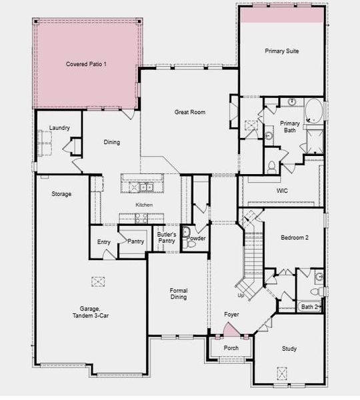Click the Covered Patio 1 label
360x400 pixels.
[87, 64]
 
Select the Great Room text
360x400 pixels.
[189, 112]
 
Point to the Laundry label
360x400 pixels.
[60, 128]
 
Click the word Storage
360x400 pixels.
[61, 194]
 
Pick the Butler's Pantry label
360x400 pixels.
[167, 237]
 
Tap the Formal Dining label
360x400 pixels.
[178, 293]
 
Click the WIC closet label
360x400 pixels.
[282, 190]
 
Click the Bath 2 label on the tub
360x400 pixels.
[309, 307]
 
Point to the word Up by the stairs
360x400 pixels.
[241, 295]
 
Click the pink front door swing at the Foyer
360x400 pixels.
[229, 329]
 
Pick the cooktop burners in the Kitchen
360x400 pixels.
[141, 218]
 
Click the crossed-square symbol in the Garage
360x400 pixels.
[99, 281]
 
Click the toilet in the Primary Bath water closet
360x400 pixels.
[271, 166]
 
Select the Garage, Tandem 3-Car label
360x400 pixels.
[89, 312]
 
